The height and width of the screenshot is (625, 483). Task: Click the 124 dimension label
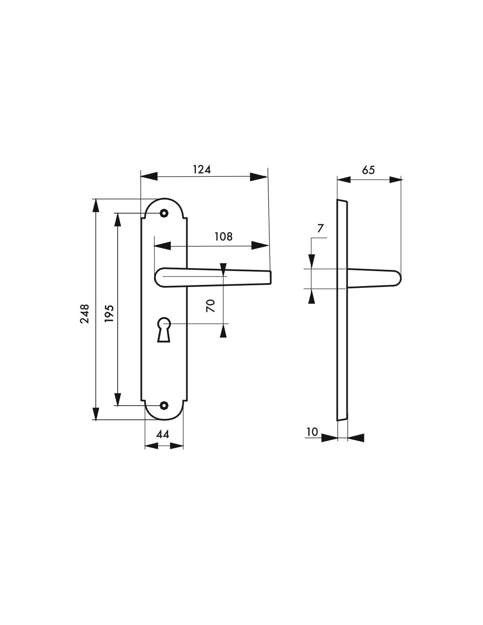202,169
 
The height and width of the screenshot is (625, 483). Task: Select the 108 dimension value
223,236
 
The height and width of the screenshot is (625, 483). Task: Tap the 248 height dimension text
85,314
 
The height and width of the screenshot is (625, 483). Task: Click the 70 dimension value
211,305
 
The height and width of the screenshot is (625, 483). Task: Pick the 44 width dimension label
163,434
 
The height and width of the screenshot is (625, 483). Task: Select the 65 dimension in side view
368,170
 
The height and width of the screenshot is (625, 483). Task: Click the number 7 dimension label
320,228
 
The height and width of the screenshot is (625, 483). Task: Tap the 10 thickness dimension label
312,432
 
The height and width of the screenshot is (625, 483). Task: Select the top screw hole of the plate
164,213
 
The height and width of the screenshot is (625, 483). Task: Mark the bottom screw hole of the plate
164,405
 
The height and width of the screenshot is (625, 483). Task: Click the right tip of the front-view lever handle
270,277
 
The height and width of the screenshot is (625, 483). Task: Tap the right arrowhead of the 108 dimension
260,246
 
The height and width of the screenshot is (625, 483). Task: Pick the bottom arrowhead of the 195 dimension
117,398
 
